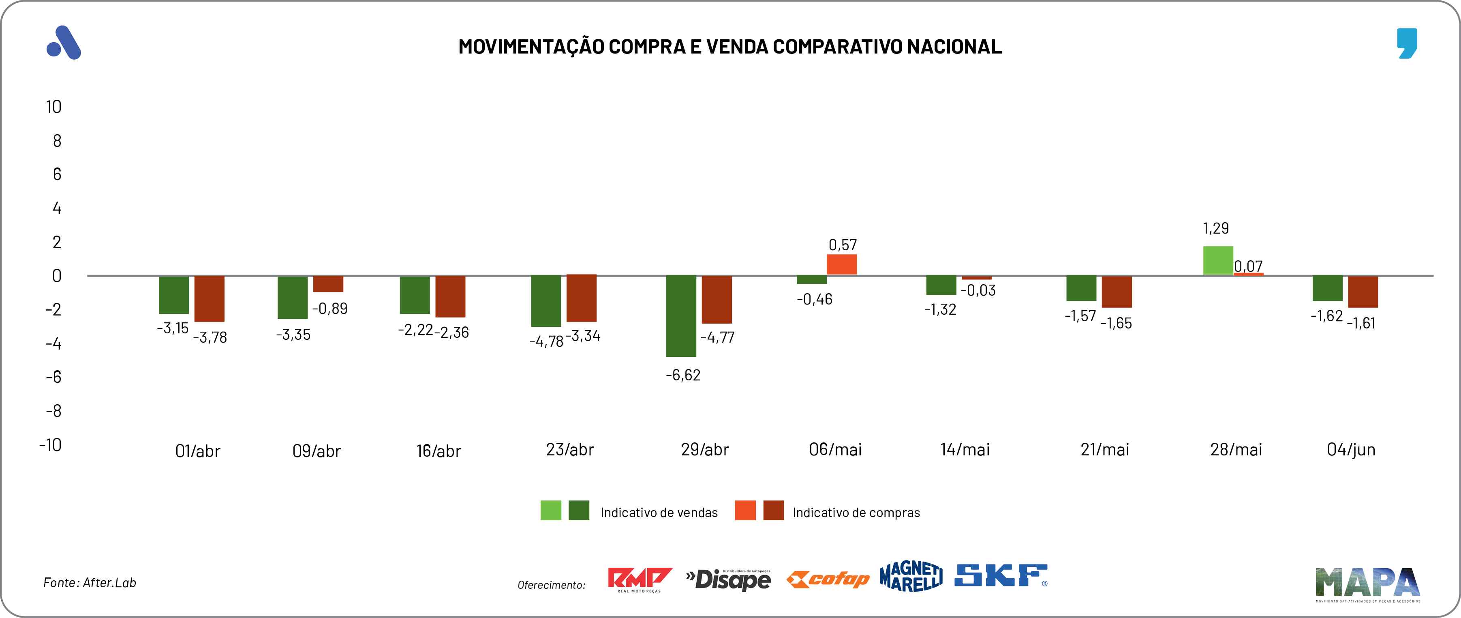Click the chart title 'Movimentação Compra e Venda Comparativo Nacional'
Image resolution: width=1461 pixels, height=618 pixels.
coord(730,47)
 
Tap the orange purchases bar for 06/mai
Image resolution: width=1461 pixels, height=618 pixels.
coord(842,264)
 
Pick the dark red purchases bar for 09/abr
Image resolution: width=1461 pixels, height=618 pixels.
coord(328,284)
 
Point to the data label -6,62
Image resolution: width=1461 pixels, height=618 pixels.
coord(683,375)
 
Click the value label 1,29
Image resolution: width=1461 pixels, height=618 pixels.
coord(1215,228)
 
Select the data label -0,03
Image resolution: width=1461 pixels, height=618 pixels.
coord(978,291)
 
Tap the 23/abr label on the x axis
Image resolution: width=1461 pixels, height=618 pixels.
coord(569,450)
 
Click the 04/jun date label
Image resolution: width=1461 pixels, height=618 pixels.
coord(1351,450)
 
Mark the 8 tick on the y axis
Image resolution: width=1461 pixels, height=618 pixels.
coord(57,141)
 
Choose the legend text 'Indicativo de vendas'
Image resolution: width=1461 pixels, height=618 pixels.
coord(659,513)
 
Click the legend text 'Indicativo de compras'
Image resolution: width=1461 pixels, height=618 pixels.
coord(856,513)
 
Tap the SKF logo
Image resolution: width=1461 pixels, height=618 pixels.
coord(1001,575)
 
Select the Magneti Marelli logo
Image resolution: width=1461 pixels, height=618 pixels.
coord(911,577)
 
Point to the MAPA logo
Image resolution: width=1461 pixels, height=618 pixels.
coord(1367,584)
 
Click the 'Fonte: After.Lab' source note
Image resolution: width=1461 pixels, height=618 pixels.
coord(90,583)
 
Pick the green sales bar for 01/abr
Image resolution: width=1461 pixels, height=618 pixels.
coord(173,294)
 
